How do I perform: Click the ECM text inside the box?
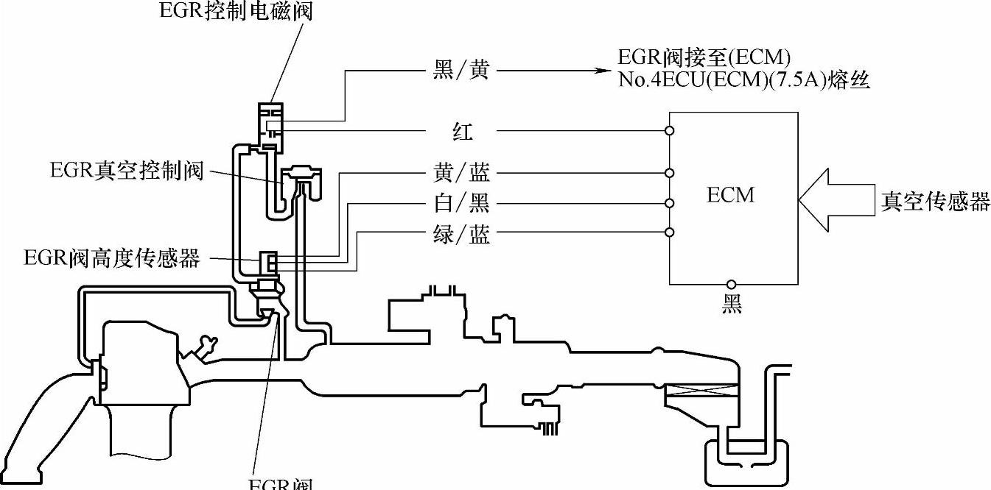coord(730,195)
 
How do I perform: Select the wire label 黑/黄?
coord(461,71)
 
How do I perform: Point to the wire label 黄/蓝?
coord(461,174)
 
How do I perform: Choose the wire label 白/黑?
coord(461,203)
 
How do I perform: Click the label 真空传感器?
coord(935,202)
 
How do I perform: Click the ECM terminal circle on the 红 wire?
coord(669,132)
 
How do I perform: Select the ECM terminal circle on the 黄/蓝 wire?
coord(669,174)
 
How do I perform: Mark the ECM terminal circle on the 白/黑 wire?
coord(669,203)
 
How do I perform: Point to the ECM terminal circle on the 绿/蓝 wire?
coord(669,233)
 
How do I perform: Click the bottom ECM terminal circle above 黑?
coord(731,284)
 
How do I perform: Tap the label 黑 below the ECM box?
coord(731,304)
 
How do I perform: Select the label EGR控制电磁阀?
coord(235,12)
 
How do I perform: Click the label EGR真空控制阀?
coord(126,171)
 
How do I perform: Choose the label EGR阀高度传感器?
coord(112,258)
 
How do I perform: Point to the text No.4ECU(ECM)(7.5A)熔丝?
coord(745,79)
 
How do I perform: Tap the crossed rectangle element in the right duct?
coord(701,394)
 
